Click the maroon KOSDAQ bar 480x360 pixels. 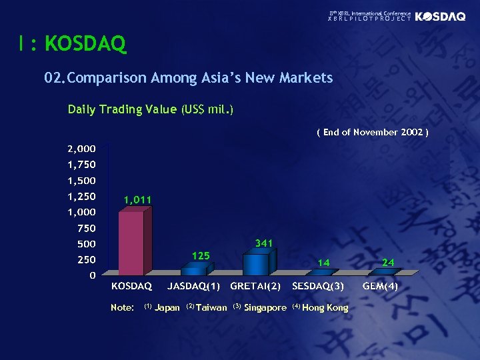[x=131, y=243]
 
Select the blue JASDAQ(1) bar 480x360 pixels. [x=193, y=269]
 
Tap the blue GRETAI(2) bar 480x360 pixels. [x=255, y=264]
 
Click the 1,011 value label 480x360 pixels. [x=137, y=199]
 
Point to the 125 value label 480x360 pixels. [x=201, y=255]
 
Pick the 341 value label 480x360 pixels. [x=264, y=243]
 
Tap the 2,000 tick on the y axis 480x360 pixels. [x=80, y=148]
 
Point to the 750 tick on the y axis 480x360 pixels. [x=87, y=228]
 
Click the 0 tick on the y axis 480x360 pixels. [x=93, y=275]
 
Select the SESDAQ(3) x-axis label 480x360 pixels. [x=318, y=287]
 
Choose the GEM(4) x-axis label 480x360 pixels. [x=380, y=287]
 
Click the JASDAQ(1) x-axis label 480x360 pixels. [x=194, y=287]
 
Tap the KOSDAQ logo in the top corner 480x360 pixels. [x=440, y=17]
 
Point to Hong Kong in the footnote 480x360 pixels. [x=325, y=307]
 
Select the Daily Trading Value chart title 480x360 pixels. [x=151, y=109]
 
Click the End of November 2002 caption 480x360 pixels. [x=372, y=132]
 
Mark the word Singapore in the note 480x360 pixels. [x=265, y=307]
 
